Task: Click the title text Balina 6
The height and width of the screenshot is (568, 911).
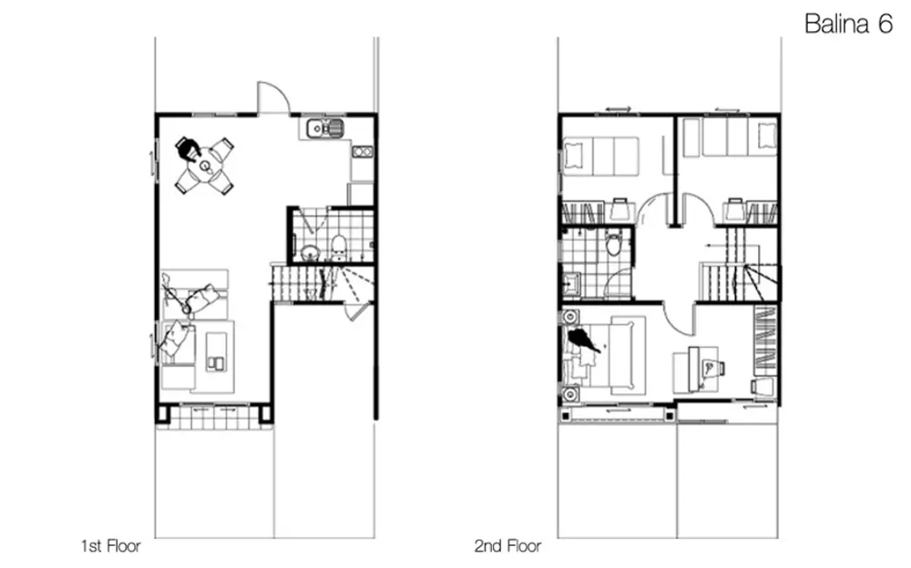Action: click(x=848, y=24)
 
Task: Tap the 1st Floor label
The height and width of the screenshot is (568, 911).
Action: click(x=111, y=546)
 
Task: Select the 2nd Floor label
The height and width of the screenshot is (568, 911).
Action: click(x=507, y=546)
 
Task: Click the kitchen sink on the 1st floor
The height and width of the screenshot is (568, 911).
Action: click(x=325, y=127)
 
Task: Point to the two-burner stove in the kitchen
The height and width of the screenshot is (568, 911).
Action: click(x=362, y=152)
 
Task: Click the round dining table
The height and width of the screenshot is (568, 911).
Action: click(x=205, y=166)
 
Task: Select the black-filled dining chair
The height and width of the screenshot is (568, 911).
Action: click(x=188, y=148)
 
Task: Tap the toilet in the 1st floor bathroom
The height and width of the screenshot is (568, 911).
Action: click(x=338, y=248)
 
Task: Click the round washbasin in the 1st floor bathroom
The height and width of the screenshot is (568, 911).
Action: click(x=311, y=252)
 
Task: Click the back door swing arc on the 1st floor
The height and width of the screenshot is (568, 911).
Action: click(x=273, y=96)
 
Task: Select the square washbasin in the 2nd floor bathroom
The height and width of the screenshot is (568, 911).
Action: click(x=572, y=283)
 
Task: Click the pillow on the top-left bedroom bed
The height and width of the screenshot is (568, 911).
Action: click(x=573, y=156)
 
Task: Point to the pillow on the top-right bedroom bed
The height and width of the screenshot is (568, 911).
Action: click(x=767, y=137)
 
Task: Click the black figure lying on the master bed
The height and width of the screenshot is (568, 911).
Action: click(x=583, y=340)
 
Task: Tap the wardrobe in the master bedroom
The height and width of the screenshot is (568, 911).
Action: click(x=766, y=340)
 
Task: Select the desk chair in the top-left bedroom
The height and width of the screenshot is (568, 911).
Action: click(x=620, y=209)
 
